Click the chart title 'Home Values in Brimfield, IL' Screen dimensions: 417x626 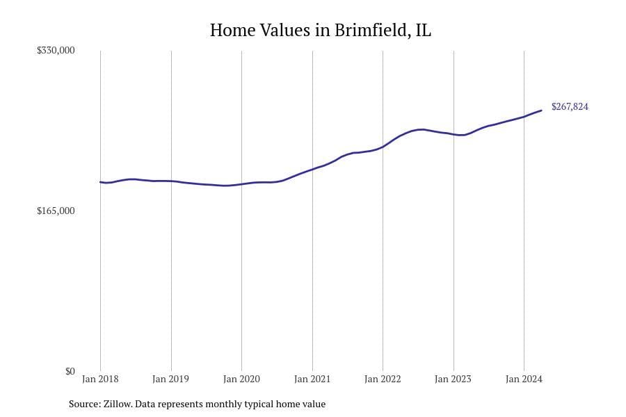(x=320, y=31)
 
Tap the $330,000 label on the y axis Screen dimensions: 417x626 (x=56, y=51)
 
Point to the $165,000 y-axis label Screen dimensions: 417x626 (x=56, y=211)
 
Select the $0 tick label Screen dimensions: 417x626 (x=70, y=371)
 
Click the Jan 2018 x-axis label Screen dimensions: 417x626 (x=100, y=379)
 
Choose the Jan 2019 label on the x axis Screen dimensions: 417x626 (x=170, y=379)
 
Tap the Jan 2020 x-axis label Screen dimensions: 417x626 (x=241, y=379)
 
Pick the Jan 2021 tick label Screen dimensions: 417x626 (x=312, y=379)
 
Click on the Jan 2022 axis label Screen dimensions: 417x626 (x=383, y=379)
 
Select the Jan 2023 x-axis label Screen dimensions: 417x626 (x=453, y=379)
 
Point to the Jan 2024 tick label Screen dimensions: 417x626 (x=524, y=379)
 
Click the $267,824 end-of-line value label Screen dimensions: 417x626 (x=570, y=107)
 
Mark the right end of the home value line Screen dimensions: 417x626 (x=541, y=111)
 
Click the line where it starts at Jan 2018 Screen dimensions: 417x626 (x=100, y=182)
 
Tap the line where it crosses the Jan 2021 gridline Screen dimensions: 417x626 (x=312, y=169)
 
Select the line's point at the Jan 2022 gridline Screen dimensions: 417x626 (x=383, y=147)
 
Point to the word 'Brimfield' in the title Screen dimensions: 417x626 (x=376, y=31)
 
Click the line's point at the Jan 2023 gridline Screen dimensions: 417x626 (x=454, y=134)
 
